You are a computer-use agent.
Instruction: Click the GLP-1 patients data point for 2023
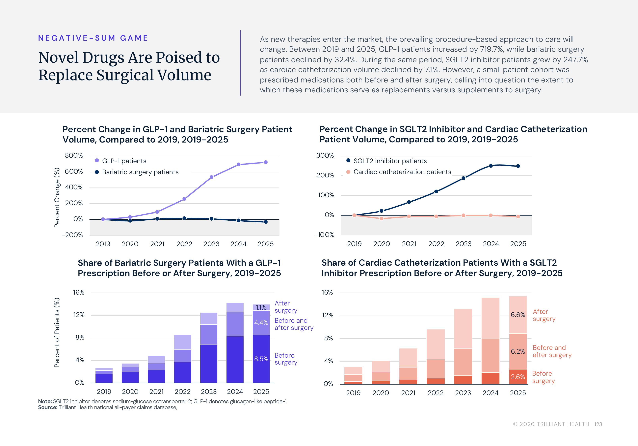(x=211, y=177)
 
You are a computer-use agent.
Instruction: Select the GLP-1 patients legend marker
(x=97, y=160)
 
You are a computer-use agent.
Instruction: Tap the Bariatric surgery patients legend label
(x=140, y=172)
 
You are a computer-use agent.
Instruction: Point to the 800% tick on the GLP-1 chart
(x=74, y=155)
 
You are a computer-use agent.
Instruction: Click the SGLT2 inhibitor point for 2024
(x=491, y=166)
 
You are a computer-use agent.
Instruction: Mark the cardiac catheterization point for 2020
(x=382, y=219)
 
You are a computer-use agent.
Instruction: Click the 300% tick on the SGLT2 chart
(x=325, y=155)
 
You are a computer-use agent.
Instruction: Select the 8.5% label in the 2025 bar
(x=261, y=359)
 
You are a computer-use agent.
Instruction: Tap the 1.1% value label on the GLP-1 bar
(x=261, y=307)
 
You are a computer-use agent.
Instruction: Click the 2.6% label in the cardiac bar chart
(x=518, y=377)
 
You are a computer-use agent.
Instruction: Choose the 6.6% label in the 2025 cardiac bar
(x=518, y=315)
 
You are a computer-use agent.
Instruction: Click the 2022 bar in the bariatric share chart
(x=183, y=359)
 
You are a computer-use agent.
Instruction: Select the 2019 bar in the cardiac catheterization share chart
(x=353, y=375)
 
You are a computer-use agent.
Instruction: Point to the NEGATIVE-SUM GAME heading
(x=93, y=38)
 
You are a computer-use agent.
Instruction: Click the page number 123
(x=598, y=424)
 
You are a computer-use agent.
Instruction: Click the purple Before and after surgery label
(x=294, y=324)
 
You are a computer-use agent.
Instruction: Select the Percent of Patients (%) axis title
(x=57, y=332)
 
